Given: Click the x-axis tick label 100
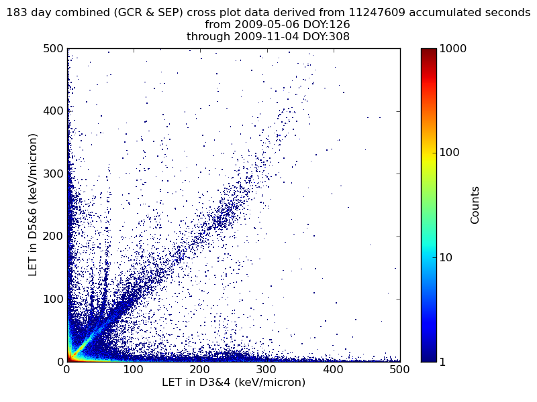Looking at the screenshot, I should click(134, 369).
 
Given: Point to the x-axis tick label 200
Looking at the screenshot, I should click(200, 369).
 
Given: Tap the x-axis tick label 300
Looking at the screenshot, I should click(266, 369).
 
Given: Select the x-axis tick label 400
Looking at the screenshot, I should click(333, 369).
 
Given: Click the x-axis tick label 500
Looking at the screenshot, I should click(399, 369).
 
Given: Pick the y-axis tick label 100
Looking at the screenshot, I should click(54, 299).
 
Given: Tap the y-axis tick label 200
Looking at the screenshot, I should click(54, 236).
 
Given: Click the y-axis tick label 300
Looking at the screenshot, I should click(54, 174).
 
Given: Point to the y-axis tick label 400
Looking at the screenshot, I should click(54, 111).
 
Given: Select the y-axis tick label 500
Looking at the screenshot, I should click(54, 48).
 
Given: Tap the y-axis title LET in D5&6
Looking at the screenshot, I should click(33, 204).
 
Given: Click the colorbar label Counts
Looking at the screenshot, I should click(475, 204).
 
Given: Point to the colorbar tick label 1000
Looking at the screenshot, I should click(454, 48).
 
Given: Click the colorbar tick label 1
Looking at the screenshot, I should click(444, 362).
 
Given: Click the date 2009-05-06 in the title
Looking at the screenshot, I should click(260, 25).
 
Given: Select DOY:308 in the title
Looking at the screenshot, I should click(326, 37).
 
